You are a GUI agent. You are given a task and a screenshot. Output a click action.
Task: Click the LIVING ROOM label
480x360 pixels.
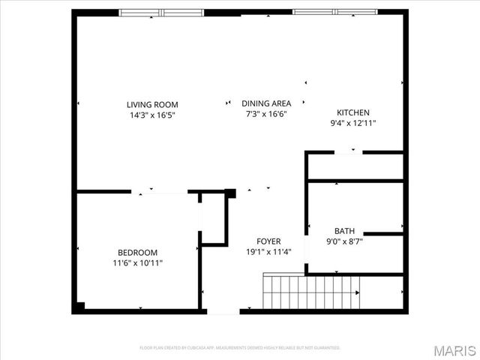(x=152, y=104)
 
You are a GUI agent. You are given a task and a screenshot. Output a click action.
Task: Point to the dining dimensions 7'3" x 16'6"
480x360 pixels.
(x=266, y=114)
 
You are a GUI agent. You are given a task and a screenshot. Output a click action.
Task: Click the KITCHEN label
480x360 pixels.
(x=353, y=112)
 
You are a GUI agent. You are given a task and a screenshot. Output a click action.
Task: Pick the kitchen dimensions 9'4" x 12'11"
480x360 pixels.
(x=353, y=123)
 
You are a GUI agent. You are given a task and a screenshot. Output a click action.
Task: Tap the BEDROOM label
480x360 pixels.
(x=137, y=252)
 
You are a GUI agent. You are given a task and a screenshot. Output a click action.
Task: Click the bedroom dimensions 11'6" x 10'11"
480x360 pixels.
(x=137, y=262)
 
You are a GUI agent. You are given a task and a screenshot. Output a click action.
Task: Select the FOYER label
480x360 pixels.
(x=268, y=241)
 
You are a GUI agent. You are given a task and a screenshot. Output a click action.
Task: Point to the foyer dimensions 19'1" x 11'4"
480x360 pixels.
(x=268, y=251)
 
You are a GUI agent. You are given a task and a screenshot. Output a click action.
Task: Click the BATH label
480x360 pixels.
(x=345, y=231)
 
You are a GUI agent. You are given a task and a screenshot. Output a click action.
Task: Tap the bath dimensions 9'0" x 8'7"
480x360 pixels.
(x=345, y=241)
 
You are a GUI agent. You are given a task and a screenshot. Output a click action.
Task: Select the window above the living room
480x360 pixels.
(x=161, y=12)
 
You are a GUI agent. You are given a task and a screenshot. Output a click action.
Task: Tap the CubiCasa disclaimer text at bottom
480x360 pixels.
(x=240, y=348)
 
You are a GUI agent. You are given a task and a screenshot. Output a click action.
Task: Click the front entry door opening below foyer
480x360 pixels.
(x=223, y=310)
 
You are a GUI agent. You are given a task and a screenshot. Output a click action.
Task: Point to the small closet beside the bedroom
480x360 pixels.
(x=214, y=218)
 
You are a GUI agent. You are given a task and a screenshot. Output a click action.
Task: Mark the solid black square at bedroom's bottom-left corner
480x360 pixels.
(x=78, y=307)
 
